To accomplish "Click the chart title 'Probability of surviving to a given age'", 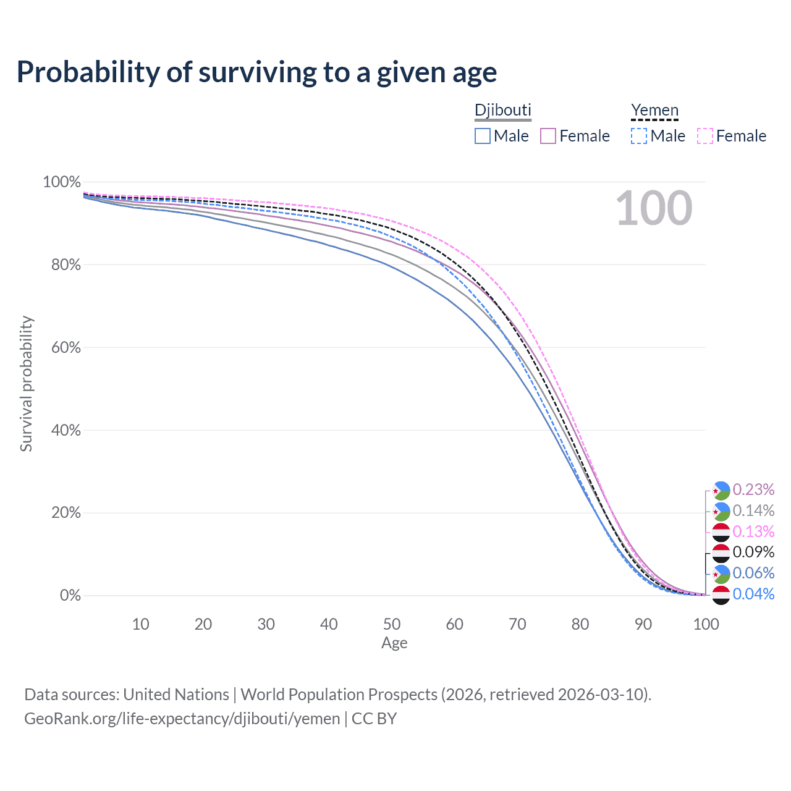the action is click(256, 72).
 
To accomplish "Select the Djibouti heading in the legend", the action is click(503, 110).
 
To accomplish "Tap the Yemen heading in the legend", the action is click(654, 110).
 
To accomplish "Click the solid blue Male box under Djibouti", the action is click(482, 136).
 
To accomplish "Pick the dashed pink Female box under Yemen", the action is click(705, 136).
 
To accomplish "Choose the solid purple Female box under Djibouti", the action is click(548, 136).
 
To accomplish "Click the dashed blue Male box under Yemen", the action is click(639, 136).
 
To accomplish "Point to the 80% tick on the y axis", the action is click(66, 264).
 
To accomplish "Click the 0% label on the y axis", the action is click(70, 595).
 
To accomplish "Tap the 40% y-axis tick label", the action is click(66, 430).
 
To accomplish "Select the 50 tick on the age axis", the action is click(392, 624).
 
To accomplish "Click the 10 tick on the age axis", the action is click(140, 624).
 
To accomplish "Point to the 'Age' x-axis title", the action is click(394, 643).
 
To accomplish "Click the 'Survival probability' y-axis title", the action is click(27, 384).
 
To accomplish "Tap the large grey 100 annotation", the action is click(654, 208).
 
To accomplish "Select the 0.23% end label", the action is click(753, 489).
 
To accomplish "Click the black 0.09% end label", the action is click(753, 552).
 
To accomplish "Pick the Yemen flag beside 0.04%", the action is click(721, 595).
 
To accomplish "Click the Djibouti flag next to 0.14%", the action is click(721, 512).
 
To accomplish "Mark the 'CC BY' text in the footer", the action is click(374, 719).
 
